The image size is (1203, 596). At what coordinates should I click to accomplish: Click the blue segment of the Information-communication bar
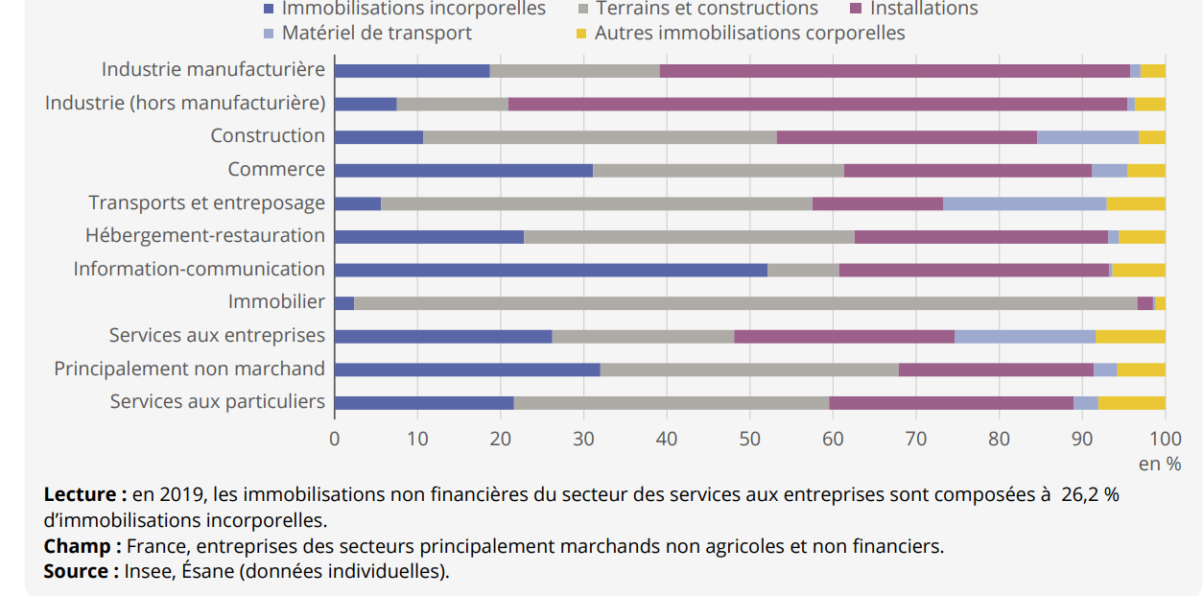(x=551, y=270)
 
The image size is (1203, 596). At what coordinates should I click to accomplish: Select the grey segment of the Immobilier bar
(x=745, y=303)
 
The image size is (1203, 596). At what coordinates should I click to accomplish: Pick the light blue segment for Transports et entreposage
(x=1025, y=203)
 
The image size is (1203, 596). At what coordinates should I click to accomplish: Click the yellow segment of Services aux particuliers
(x=1132, y=403)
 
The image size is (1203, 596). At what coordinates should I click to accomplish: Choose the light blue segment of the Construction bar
(x=1088, y=137)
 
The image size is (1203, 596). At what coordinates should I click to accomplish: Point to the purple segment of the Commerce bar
(x=968, y=170)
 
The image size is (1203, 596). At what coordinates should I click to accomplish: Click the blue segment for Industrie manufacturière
(x=412, y=71)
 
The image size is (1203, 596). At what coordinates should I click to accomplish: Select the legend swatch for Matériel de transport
(x=270, y=34)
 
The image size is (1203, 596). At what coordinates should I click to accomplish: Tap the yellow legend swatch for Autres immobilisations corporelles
(x=582, y=34)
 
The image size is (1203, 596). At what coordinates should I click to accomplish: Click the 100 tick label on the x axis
(x=1165, y=440)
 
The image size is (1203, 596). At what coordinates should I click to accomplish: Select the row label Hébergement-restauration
(x=205, y=236)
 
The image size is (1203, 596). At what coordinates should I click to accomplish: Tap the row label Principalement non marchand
(x=189, y=370)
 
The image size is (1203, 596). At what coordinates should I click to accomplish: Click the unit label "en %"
(x=1160, y=465)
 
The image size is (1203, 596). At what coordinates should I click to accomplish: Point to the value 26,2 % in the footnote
(x=1090, y=495)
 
